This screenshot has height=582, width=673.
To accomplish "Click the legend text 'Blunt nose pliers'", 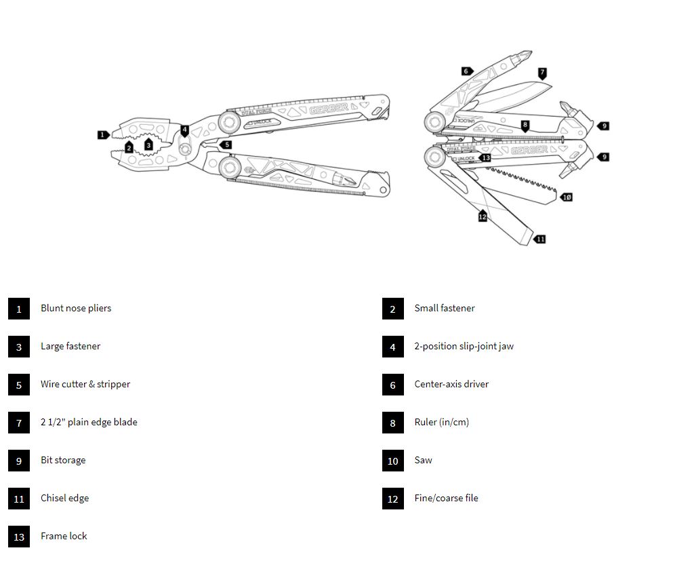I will coord(76,308).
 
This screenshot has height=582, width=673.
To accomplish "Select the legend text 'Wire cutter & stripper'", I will coord(85,384).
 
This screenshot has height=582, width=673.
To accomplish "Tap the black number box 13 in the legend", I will coord(19,537).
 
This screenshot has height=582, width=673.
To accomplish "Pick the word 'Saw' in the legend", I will coord(423,460).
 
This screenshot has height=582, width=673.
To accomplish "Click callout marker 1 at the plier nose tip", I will coord(103,134).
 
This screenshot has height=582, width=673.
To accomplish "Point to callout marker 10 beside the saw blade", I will coord(567,197).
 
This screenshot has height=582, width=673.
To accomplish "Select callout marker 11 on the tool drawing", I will coord(539,239).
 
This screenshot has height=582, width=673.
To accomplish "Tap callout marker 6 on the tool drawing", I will coord(466,71).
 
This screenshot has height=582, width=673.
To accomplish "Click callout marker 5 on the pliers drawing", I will coord(226,144).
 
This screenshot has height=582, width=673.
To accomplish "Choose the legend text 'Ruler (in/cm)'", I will coord(441,422).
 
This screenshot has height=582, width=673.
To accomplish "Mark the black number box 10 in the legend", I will coord(393,461).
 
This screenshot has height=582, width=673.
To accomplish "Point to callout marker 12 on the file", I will coord(483,216).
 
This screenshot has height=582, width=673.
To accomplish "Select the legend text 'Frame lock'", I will coord(64,536).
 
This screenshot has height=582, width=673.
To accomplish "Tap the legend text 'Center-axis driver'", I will coord(451,384).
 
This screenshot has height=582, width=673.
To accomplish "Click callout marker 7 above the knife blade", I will coord(542,73).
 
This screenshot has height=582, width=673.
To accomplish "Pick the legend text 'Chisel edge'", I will coord(64,498).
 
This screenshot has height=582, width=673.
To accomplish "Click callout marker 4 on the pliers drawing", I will coord(184,130).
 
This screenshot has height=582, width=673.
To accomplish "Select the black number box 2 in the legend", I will coord(393,309).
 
